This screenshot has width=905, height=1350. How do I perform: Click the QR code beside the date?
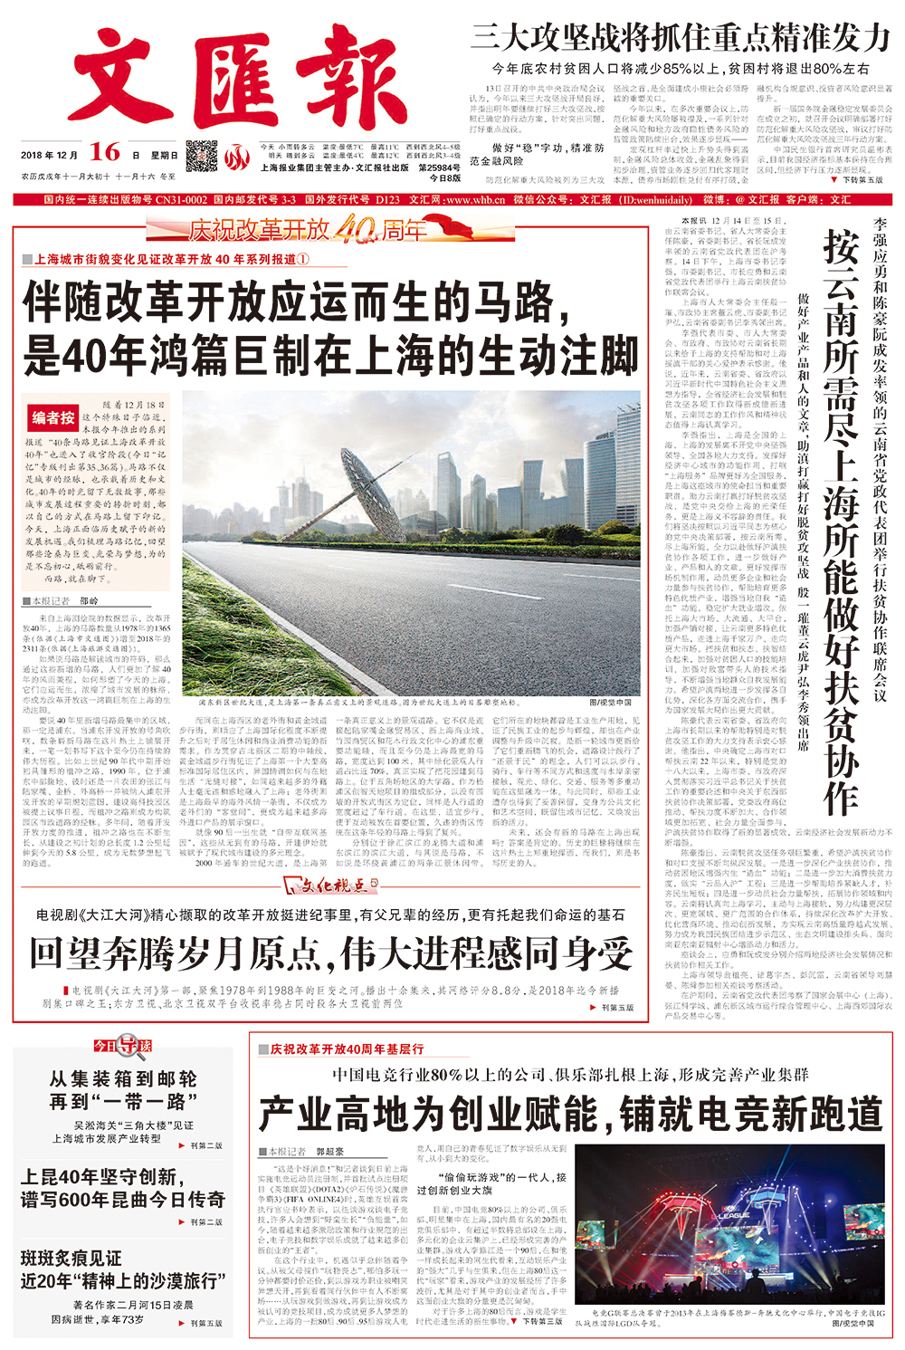click(202, 155)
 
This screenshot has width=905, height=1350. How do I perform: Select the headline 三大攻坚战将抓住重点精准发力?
click(680, 37)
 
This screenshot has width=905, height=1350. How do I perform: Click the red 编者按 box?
click(53, 417)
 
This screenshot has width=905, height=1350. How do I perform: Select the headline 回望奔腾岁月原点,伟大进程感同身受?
click(331, 953)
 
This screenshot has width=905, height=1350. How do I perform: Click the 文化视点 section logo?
click(329, 886)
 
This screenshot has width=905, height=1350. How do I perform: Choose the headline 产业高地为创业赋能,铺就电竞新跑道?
click(570, 1113)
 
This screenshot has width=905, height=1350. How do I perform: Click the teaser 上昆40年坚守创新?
click(123, 1188)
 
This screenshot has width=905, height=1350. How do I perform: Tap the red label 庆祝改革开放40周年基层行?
click(348, 1048)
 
